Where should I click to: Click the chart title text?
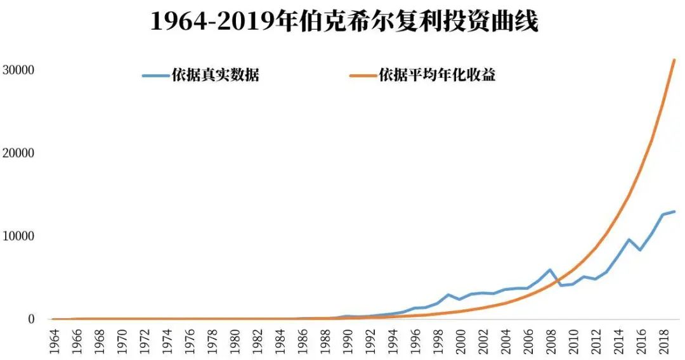tap(344, 22)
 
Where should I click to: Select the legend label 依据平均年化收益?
tap(437, 75)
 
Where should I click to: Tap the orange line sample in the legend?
tap(362, 75)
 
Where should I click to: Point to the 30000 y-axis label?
tap(19, 70)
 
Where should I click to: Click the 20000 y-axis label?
tap(19, 153)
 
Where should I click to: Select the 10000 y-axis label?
tap(19, 236)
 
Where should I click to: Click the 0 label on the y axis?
tap(30, 319)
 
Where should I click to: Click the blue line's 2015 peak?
tap(629, 239)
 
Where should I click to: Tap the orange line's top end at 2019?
tap(674, 60)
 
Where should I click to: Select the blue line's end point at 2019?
tap(674, 212)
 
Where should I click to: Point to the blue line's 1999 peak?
tap(448, 295)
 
